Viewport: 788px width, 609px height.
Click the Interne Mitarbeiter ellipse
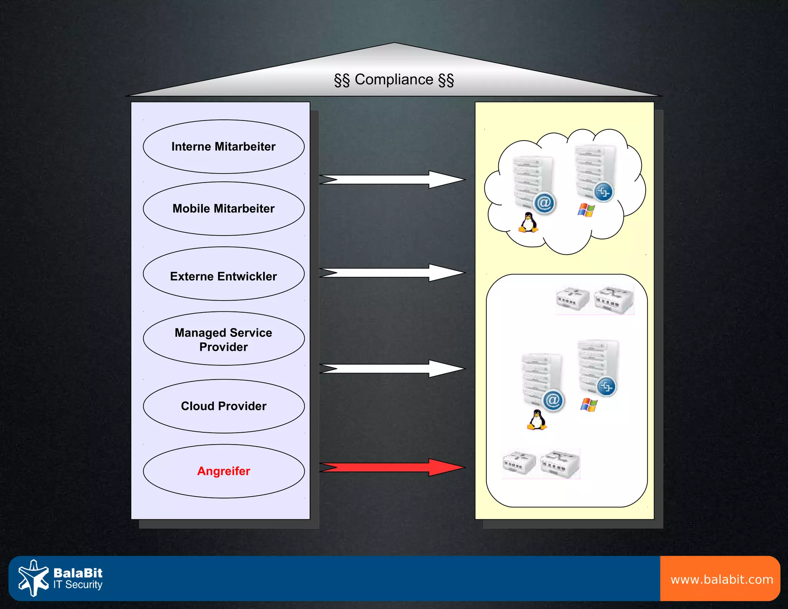(224, 147)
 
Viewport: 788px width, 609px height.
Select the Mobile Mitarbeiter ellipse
(224, 209)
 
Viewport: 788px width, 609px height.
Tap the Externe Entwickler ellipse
(224, 274)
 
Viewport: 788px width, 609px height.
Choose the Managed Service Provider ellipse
(224, 339)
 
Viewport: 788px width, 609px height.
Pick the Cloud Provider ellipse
(224, 406)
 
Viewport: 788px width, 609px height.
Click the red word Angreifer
(224, 471)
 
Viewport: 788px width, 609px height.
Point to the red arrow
(392, 467)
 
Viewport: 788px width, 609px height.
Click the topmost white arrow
(392, 179)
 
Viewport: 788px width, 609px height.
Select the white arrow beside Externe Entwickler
(392, 273)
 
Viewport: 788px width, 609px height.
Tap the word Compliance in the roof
(394, 80)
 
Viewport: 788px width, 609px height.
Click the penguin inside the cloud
(528, 223)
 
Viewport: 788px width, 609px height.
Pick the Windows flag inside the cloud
(586, 210)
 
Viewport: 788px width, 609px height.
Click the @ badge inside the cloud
(544, 202)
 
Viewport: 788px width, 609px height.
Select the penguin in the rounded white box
(537, 420)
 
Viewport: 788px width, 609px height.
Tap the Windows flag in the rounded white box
(589, 405)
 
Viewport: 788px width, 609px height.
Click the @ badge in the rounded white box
(553, 400)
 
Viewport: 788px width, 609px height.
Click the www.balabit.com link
(721, 579)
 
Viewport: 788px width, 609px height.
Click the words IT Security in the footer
(78, 585)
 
